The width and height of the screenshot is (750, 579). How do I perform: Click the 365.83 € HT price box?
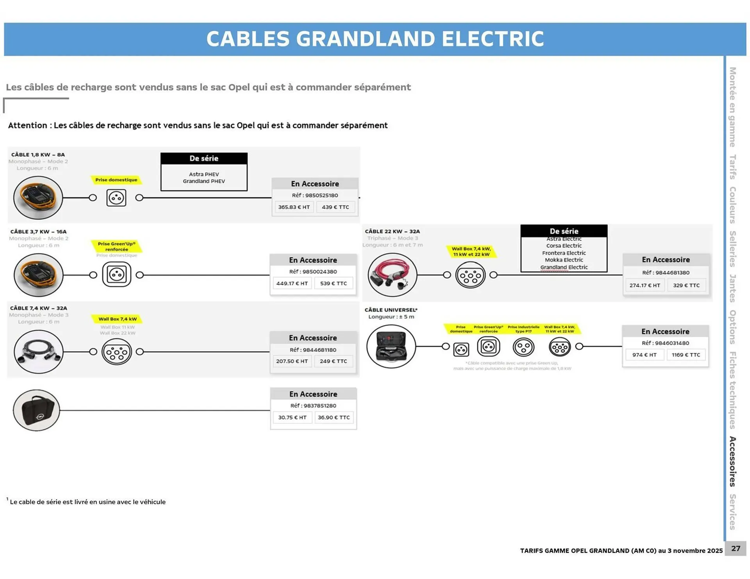click(294, 207)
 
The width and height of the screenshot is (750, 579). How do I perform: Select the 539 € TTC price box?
click(333, 283)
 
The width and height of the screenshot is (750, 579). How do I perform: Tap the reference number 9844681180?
click(313, 350)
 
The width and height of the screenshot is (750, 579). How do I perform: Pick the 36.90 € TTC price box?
click(334, 417)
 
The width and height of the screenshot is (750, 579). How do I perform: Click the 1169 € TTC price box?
click(686, 355)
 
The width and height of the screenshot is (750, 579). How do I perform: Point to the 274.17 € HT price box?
click(645, 285)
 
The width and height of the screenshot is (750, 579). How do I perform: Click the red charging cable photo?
click(392, 275)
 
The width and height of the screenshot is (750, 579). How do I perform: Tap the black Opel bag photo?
click(37, 410)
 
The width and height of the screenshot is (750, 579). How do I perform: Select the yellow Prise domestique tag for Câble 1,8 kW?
click(116, 180)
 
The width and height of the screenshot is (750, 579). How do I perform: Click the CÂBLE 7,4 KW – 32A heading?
click(39, 308)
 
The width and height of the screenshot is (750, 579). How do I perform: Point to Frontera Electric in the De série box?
click(564, 253)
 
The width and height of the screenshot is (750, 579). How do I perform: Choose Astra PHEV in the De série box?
click(204, 174)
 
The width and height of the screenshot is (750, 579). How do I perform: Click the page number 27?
click(736, 549)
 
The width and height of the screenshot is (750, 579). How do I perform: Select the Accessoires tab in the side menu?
click(732, 461)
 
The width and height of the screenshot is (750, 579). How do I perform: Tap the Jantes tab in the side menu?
click(732, 288)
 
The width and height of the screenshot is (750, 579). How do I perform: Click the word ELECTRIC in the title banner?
click(493, 39)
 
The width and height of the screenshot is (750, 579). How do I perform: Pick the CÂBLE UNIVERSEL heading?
click(391, 310)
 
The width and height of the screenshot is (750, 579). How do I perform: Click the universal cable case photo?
click(391, 346)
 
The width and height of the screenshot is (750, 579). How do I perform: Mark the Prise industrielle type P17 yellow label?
click(523, 329)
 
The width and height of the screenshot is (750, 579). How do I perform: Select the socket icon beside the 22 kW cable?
click(470, 275)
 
